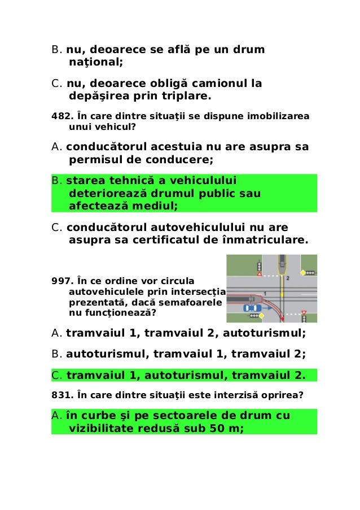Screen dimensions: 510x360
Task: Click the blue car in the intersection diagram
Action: click(x=252, y=308)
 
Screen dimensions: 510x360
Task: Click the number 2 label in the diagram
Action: click(x=287, y=278)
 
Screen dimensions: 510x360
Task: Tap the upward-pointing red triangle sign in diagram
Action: click(x=260, y=274)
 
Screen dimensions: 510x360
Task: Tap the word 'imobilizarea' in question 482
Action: click(x=281, y=116)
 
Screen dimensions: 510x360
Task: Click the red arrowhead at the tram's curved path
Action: click(x=282, y=320)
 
